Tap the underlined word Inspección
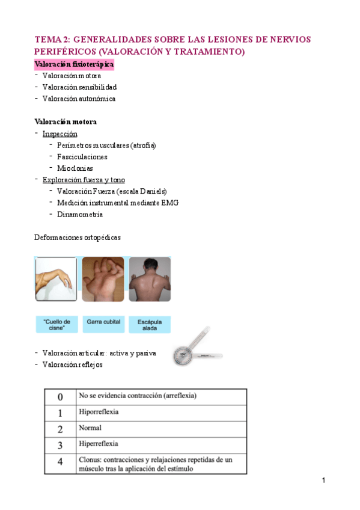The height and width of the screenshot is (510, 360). (59, 134)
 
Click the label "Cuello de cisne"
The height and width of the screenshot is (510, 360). (56, 325)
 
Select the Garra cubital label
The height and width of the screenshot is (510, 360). (103, 322)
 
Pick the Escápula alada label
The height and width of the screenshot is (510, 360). (150, 325)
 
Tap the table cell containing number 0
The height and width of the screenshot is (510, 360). (59, 398)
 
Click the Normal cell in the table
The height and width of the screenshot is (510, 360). (90, 429)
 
